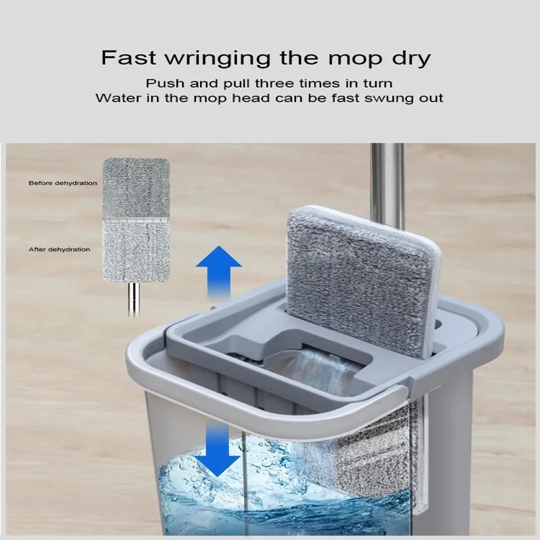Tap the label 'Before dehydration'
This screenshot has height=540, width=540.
tap(63, 183)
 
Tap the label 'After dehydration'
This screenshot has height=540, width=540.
tap(59, 249)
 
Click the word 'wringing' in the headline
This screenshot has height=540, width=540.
tap(218, 58)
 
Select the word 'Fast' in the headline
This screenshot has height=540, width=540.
tap(128, 57)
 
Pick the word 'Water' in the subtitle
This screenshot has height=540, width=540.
tap(118, 98)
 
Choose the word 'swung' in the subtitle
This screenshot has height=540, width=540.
tap(389, 99)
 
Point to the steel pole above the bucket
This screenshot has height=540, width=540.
tap(387, 186)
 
